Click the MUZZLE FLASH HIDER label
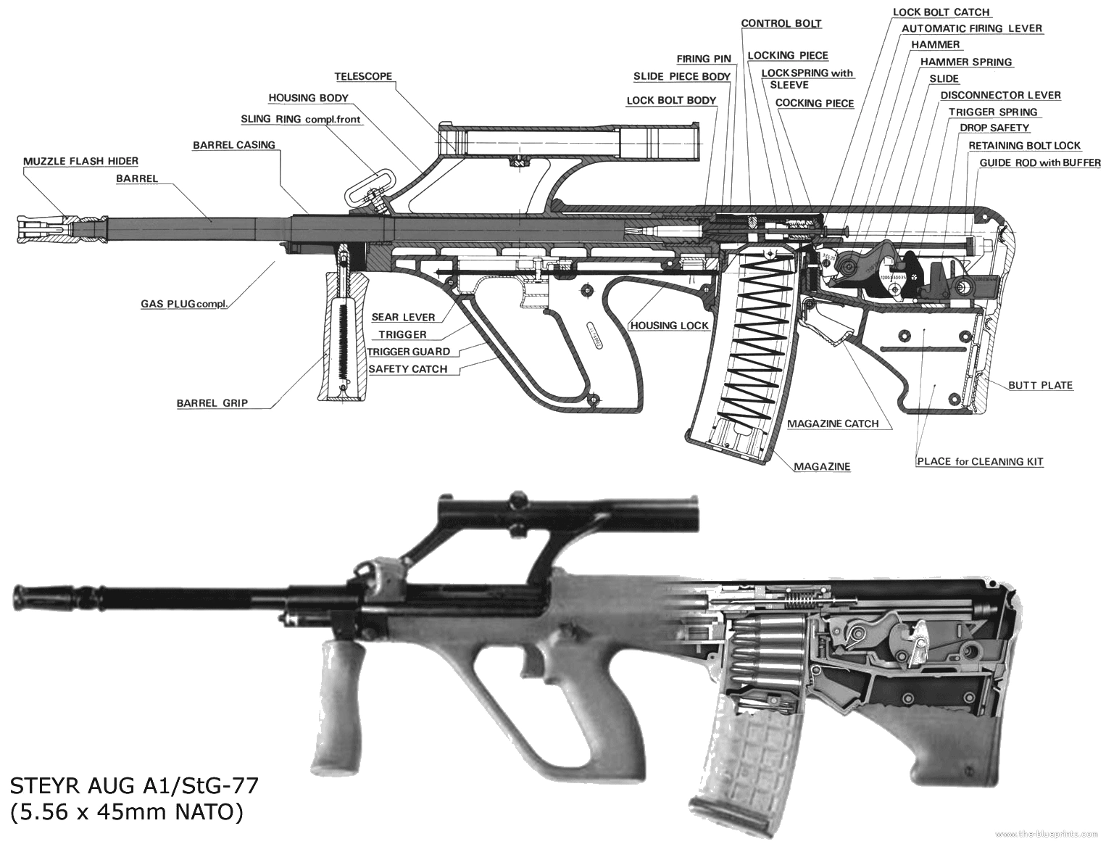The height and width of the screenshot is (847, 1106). [80, 161]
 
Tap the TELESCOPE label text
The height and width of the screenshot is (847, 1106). [363, 76]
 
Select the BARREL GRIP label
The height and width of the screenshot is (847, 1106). [212, 403]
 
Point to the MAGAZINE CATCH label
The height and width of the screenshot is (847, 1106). [833, 423]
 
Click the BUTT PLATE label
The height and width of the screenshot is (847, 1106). [1040, 385]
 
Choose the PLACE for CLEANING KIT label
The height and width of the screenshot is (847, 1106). [980, 461]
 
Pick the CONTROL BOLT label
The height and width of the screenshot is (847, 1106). [781, 23]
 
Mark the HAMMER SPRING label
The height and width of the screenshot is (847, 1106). [966, 62]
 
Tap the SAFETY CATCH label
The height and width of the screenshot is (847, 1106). [408, 368]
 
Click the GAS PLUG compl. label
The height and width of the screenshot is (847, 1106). [184, 304]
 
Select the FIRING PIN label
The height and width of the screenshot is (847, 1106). [704, 59]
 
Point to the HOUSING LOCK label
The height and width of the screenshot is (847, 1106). [669, 326]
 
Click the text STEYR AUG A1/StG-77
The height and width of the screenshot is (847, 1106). [134, 785]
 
